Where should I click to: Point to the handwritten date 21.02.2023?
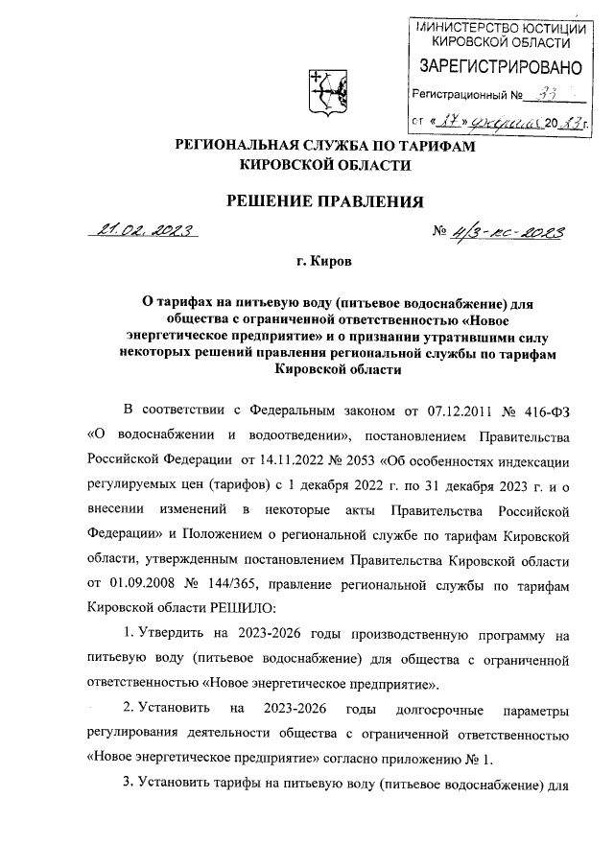pos(142,231)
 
